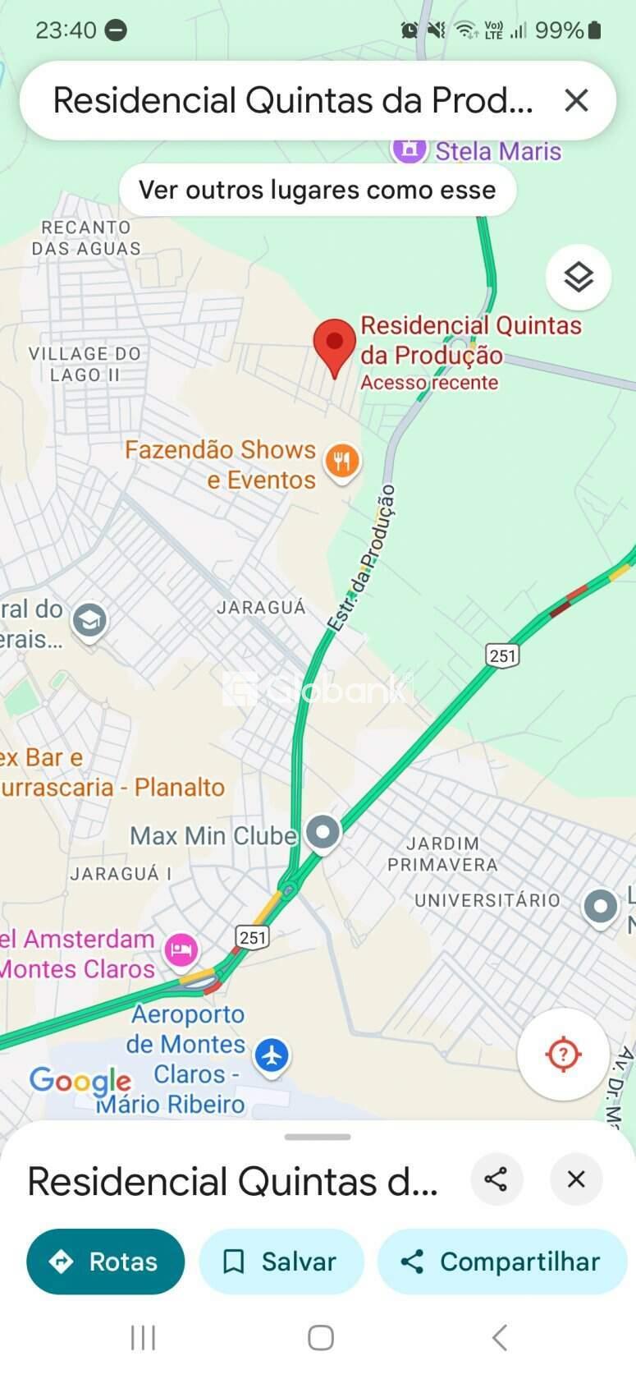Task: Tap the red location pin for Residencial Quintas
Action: pos(334,346)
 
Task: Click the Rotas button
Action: pos(106,1261)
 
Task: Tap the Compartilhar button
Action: pos(502,1261)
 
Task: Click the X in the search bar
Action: pos(576,100)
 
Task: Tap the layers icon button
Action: pos(579,277)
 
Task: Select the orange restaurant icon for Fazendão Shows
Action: pos(342,462)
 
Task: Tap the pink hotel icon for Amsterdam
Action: pos(181,951)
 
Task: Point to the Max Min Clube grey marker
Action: pos(323,833)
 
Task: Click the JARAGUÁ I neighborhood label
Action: pos(121,874)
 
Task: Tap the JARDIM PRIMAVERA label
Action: pos(442,854)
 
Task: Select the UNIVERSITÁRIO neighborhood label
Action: pos(487,900)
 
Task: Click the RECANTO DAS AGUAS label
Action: pos(86,237)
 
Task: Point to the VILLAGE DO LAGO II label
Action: pos(85,364)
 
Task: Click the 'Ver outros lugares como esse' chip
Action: pos(318,190)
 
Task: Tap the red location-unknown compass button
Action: pos(563,1054)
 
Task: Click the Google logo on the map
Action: pos(80,1081)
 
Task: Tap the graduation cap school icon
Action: pos(89,620)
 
